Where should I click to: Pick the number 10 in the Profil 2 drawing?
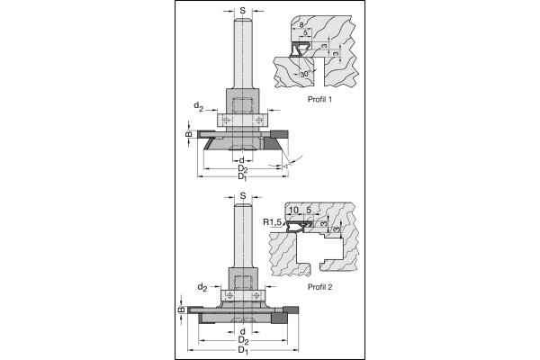[293, 211]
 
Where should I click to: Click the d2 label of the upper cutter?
[199, 107]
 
